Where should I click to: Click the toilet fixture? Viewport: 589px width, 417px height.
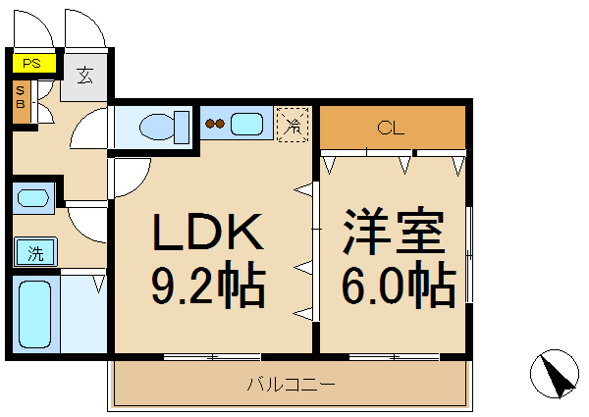click(161, 126)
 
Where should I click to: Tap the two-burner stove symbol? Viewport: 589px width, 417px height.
click(215, 125)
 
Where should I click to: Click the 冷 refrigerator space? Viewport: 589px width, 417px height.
click(293, 125)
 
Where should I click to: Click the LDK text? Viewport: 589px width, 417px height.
click(207, 234)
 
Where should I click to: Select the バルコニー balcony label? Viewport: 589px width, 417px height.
click(290, 384)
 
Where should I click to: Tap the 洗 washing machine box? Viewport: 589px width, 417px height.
click(35, 253)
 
